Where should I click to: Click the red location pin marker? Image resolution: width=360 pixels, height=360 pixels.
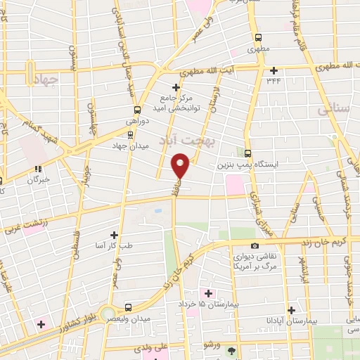pyautogui.click(x=181, y=166)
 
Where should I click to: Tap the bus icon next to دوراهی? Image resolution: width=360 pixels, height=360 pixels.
pyautogui.click(x=137, y=110)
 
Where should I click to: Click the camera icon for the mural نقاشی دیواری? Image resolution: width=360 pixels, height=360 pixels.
pyautogui.click(x=255, y=246)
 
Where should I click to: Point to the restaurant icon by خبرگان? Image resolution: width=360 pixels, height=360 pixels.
pyautogui.click(x=38, y=169)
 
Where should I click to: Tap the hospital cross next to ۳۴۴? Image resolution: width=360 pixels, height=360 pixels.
pyautogui.click(x=274, y=70)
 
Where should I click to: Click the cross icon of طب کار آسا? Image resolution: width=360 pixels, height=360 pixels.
pyautogui.click(x=115, y=234)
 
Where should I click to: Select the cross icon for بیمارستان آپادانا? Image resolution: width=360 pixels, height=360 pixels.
pyautogui.click(x=291, y=310)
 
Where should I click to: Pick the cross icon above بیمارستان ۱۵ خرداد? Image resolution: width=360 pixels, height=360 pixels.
pyautogui.click(x=207, y=292)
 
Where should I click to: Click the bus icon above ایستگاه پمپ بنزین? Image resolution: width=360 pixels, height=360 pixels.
pyautogui.click(x=247, y=153)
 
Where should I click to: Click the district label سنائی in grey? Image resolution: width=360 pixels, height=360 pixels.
pyautogui.click(x=333, y=110)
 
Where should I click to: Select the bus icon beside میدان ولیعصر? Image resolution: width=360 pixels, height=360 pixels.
pyautogui.click(x=128, y=307)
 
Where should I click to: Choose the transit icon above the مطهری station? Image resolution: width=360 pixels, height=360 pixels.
pyautogui.click(x=258, y=38)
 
